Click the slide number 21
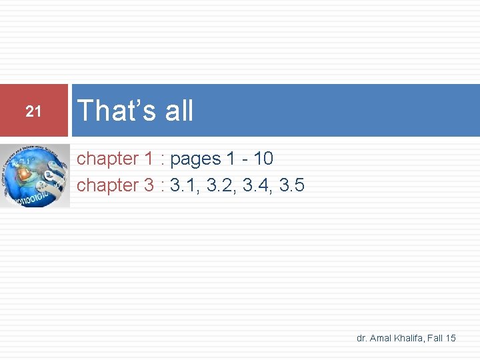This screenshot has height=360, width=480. pyautogui.click(x=33, y=112)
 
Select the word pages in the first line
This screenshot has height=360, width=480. pyautogui.click(x=195, y=159)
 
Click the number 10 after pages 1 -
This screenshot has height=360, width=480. pyautogui.click(x=263, y=159)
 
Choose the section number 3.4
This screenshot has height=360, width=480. pyautogui.click(x=257, y=185)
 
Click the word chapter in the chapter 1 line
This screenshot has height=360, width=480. pyautogui.click(x=107, y=159)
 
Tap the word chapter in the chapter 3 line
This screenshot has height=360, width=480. pyautogui.click(x=107, y=186)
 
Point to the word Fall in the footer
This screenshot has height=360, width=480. pyautogui.click(x=435, y=339)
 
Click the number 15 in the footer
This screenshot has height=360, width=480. pyautogui.click(x=451, y=339)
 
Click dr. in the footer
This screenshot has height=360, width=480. pyautogui.click(x=362, y=339)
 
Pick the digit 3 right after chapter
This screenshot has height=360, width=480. pyautogui.click(x=149, y=185)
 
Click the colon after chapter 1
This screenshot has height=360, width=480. pyautogui.click(x=163, y=160)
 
